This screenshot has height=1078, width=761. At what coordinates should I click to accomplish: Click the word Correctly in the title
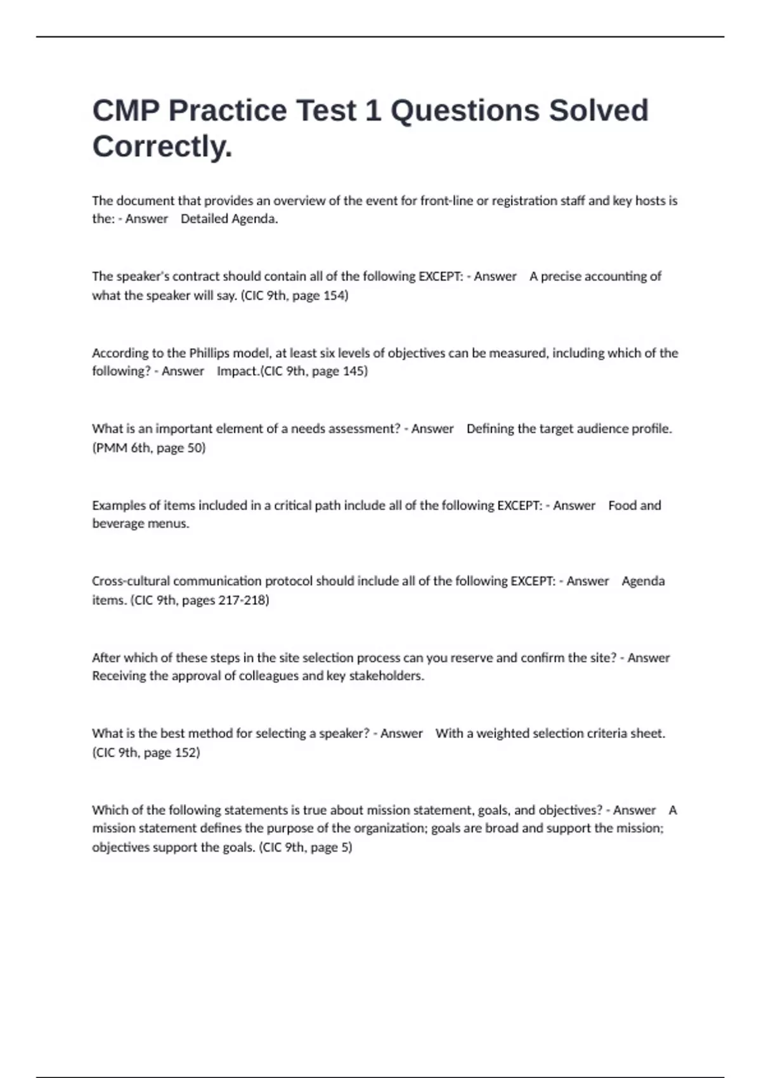point(162,146)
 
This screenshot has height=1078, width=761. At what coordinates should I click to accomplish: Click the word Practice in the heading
point(227,110)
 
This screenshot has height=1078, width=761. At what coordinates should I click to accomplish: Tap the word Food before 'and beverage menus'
point(621,505)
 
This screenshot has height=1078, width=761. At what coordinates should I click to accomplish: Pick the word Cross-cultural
point(131,581)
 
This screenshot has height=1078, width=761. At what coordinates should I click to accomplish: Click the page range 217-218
point(243,601)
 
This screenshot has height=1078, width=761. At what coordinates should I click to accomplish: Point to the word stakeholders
point(386,676)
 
